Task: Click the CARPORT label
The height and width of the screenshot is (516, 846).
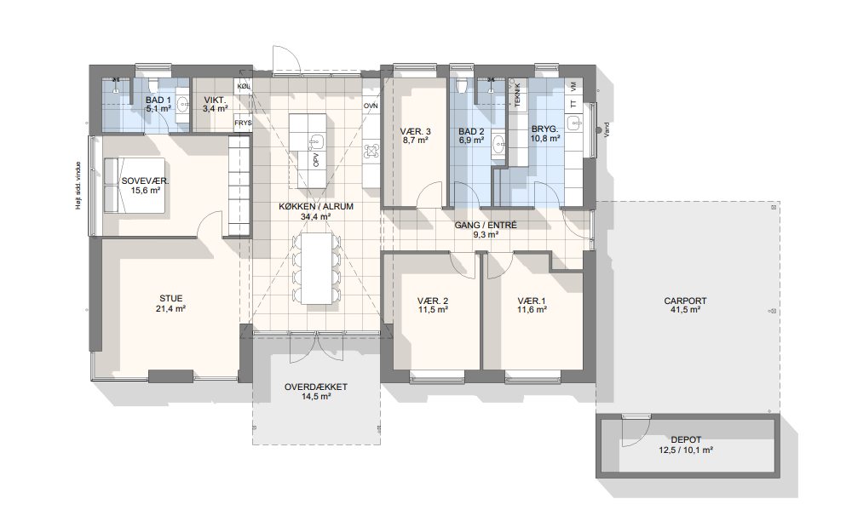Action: coord(685,301)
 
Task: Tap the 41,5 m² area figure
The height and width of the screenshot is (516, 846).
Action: coord(685,310)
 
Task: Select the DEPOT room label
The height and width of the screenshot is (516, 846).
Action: coord(687,440)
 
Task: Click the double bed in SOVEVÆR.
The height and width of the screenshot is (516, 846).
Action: coord(134,185)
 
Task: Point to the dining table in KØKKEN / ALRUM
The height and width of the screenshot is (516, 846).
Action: coord(317,268)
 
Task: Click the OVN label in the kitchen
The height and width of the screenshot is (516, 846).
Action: coord(371,106)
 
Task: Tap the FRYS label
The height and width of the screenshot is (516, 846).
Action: coord(243,123)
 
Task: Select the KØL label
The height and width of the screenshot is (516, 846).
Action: coord(244,86)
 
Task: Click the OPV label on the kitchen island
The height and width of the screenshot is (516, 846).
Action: coord(316,159)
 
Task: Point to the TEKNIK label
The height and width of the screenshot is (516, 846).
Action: coord(517,95)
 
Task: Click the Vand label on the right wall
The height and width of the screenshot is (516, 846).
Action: coord(606,130)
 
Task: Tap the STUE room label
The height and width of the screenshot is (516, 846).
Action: coord(171,298)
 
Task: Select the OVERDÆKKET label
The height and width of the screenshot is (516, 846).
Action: coord(316,387)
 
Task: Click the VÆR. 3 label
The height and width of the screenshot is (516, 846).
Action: coord(416,132)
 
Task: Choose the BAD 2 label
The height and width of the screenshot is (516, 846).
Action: coord(471,132)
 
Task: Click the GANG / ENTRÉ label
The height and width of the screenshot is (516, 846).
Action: coord(486,226)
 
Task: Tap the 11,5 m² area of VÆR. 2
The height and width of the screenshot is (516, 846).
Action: coord(433,310)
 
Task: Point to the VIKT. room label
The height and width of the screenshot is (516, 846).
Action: coord(215,100)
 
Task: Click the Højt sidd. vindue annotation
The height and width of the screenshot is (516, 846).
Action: coord(78,186)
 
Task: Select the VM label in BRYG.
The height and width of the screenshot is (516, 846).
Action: coord(573,85)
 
